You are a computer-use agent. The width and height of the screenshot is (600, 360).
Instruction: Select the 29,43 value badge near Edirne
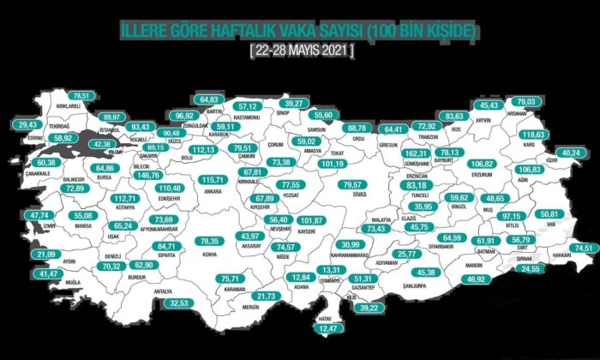[x=28, y=123]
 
